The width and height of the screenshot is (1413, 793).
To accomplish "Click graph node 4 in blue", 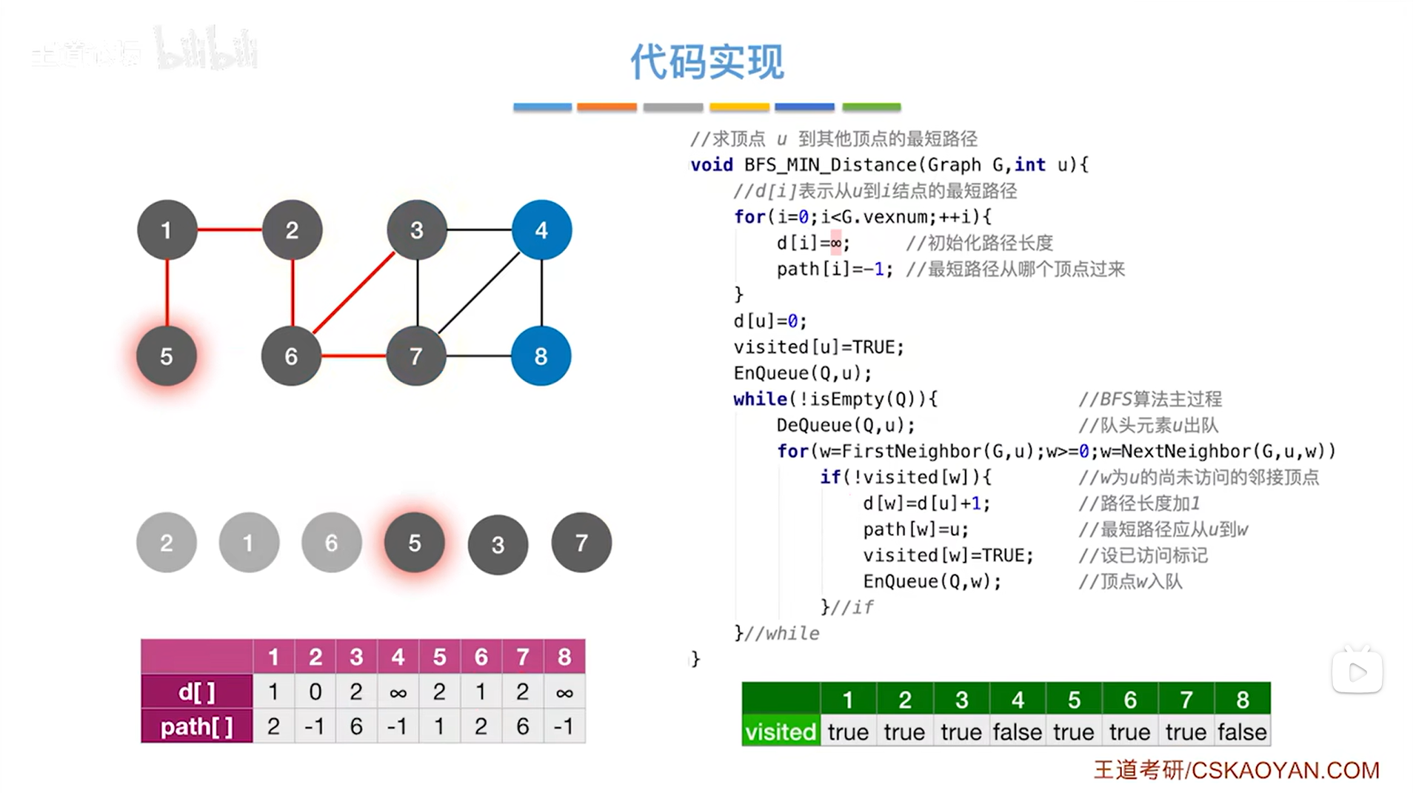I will pyautogui.click(x=541, y=230).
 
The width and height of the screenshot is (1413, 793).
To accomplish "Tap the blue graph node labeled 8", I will pyautogui.click(x=541, y=356).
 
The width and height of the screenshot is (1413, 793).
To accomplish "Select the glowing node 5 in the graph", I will pyautogui.click(x=167, y=356).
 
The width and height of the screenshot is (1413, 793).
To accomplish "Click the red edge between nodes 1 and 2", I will pyautogui.click(x=230, y=230).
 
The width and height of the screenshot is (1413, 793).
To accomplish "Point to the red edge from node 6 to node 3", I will pyautogui.click(x=354, y=292).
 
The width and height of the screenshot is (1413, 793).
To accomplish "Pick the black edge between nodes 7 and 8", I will pyautogui.click(x=478, y=356).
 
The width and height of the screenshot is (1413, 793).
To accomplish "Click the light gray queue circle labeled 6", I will pyautogui.click(x=331, y=543).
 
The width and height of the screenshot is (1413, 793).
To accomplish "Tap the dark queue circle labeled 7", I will pyautogui.click(x=581, y=543).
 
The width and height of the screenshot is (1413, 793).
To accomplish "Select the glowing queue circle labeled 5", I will pyautogui.click(x=415, y=543).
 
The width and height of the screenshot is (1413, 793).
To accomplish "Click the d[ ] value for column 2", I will pyautogui.click(x=315, y=692).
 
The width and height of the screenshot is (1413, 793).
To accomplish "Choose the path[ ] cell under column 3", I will pyautogui.click(x=356, y=726).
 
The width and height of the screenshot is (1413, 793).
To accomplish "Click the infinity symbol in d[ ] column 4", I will pyautogui.click(x=398, y=693).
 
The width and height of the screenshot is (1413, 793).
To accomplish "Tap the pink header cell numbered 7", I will pyautogui.click(x=523, y=657).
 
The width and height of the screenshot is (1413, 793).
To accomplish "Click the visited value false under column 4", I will pyautogui.click(x=1018, y=732).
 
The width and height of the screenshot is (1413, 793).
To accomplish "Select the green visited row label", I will pyautogui.click(x=781, y=732).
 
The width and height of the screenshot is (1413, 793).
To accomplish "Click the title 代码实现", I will pyautogui.click(x=706, y=61).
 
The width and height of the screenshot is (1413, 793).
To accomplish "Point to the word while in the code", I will pyautogui.click(x=760, y=399).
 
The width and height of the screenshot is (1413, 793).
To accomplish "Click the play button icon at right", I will pyautogui.click(x=1357, y=672).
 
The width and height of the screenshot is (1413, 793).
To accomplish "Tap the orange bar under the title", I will pyautogui.click(x=607, y=107).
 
